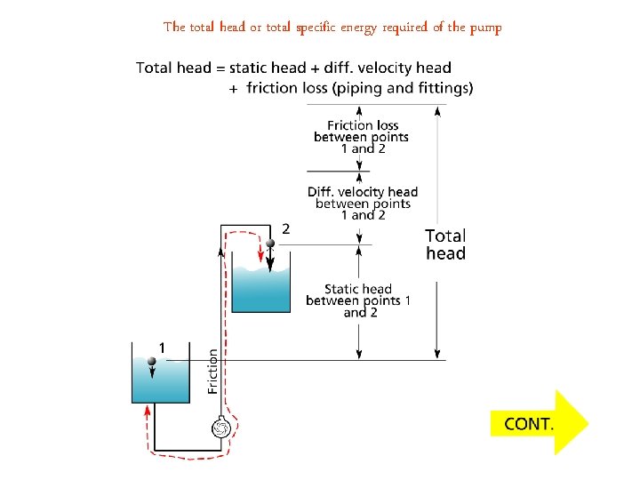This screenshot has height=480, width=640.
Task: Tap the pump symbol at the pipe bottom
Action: [x=220, y=428]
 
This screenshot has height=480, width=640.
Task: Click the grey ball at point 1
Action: [x=152, y=361]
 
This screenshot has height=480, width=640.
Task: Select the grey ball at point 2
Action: [x=268, y=242]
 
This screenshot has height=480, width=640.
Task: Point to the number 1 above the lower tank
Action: [x=162, y=346]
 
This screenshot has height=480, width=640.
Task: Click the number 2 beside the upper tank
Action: [x=285, y=228]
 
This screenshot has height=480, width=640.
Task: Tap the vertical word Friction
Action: [x=212, y=371]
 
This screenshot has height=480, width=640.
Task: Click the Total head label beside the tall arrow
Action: [x=445, y=244]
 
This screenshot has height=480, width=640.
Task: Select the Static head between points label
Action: [x=357, y=300]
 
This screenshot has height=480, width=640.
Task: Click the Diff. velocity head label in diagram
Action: [x=363, y=204]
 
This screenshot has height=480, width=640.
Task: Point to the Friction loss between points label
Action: [x=362, y=137]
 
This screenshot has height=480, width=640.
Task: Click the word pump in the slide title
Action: [x=484, y=27]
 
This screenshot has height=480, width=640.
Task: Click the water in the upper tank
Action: [x=261, y=289]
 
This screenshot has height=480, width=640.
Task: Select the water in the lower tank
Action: [x=160, y=382]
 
